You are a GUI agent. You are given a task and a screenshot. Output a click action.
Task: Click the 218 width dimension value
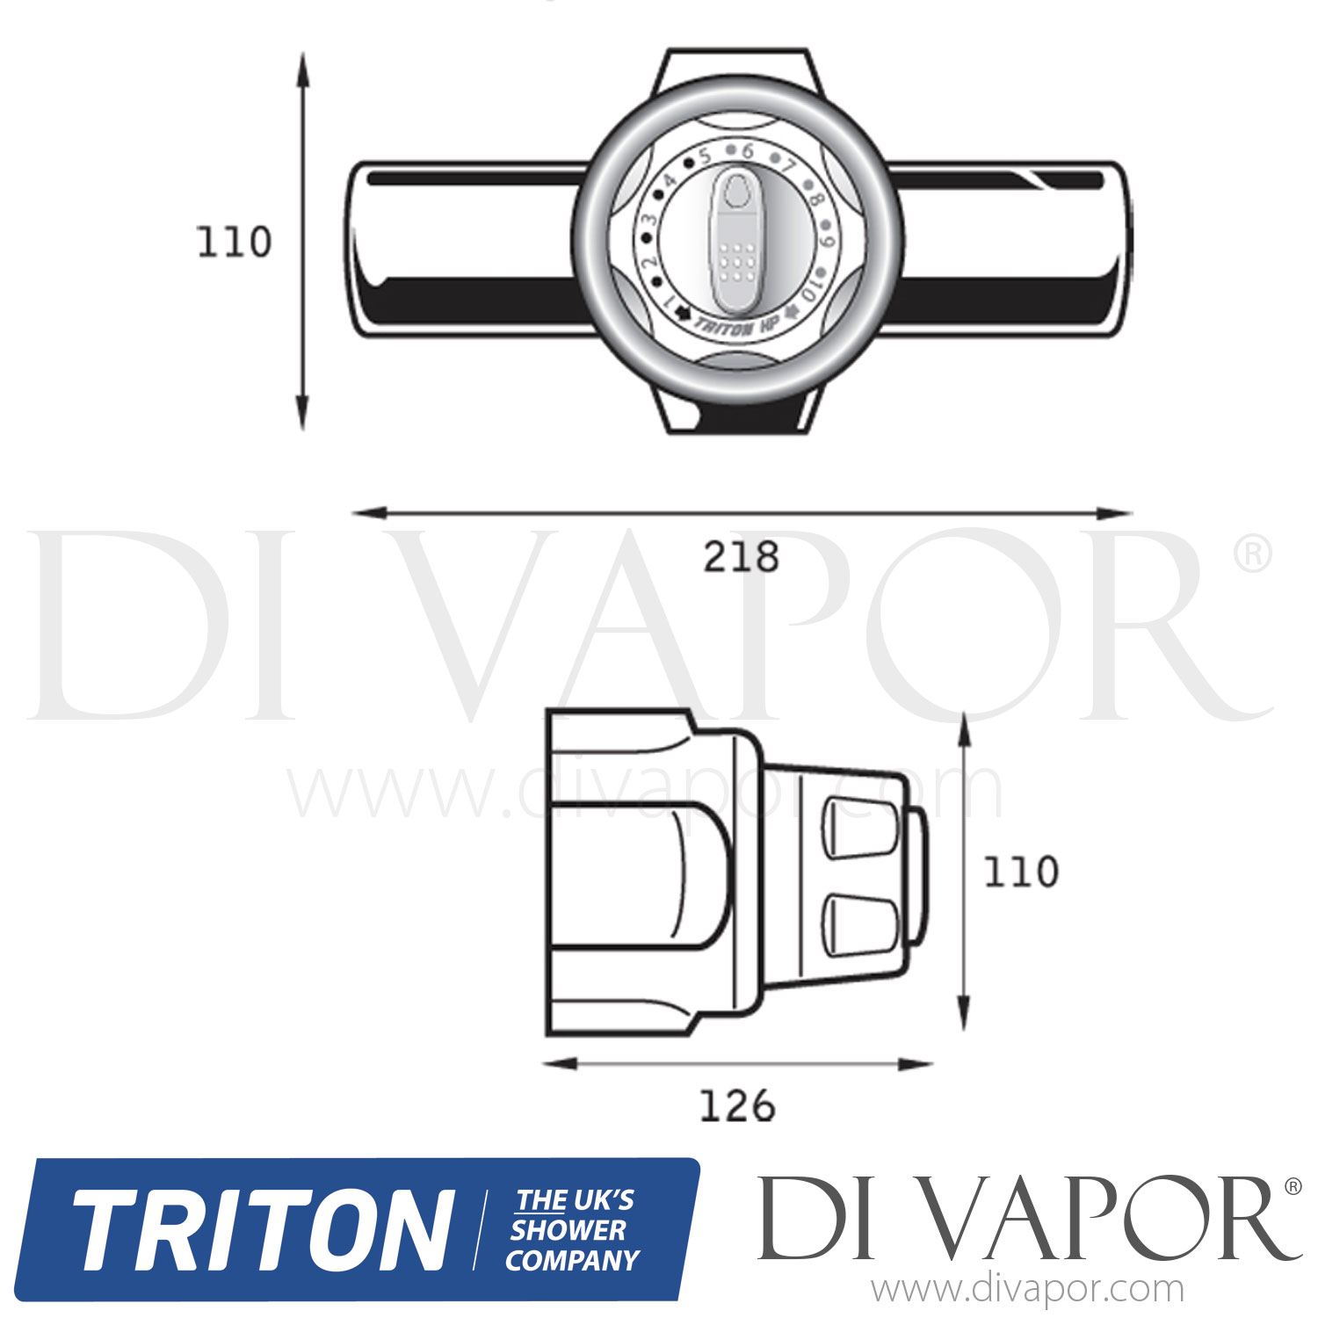tap(740, 556)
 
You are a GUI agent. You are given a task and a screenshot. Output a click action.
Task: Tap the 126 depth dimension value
tap(736, 1106)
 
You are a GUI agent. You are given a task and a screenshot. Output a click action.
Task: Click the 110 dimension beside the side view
tap(1020, 873)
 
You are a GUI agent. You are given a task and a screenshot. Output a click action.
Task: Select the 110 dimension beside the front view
tap(234, 243)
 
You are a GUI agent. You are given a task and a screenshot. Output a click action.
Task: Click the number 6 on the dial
tap(748, 151)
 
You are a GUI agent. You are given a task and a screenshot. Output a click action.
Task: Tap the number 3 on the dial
tap(650, 221)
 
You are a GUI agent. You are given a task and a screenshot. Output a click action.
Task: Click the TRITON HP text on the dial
tap(736, 325)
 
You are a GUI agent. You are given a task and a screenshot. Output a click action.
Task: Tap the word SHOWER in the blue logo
tap(568, 1230)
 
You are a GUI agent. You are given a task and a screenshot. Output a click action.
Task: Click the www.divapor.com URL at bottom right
tap(1027, 1290)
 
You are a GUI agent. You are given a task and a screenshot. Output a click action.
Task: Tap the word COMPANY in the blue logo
tap(572, 1260)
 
